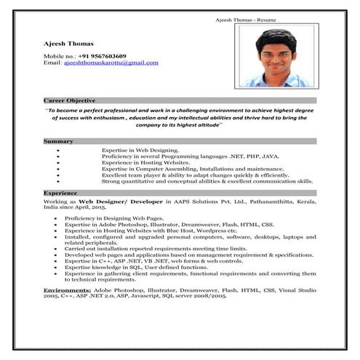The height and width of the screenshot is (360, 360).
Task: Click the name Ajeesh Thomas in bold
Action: pos(66,44)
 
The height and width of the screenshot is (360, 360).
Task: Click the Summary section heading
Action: pos(58,140)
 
